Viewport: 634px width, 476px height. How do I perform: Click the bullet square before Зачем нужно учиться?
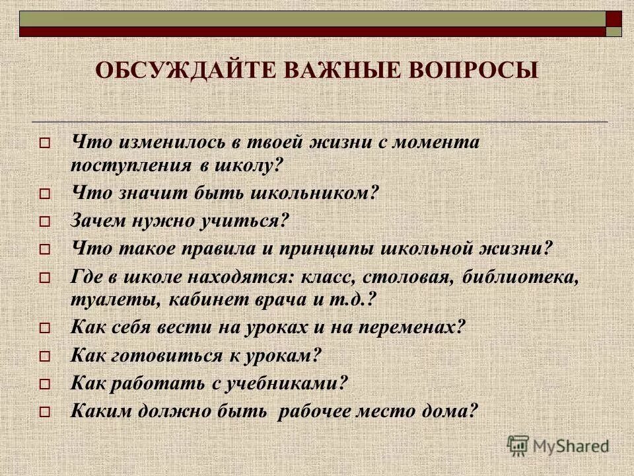[x=44, y=223]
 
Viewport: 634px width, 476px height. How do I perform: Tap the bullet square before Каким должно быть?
[x=44, y=413]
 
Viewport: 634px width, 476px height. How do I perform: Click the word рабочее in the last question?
[x=322, y=411]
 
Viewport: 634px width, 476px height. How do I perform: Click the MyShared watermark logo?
[x=558, y=444]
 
